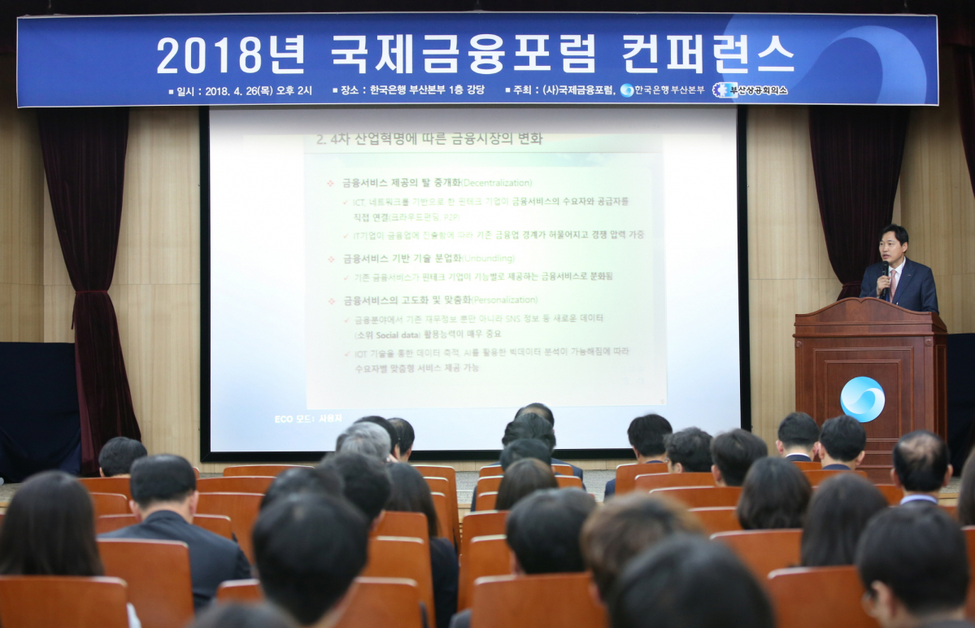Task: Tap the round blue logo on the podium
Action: tap(862, 399)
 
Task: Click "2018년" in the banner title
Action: tap(231, 55)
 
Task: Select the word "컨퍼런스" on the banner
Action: tap(707, 55)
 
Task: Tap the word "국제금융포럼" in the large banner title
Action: tap(464, 55)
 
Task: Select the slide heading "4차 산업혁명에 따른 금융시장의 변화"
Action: tap(430, 139)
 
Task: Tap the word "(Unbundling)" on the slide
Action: tap(488, 258)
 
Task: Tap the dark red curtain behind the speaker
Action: tap(854, 187)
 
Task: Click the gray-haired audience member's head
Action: tap(365, 440)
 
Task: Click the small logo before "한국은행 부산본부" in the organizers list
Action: tap(626, 90)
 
